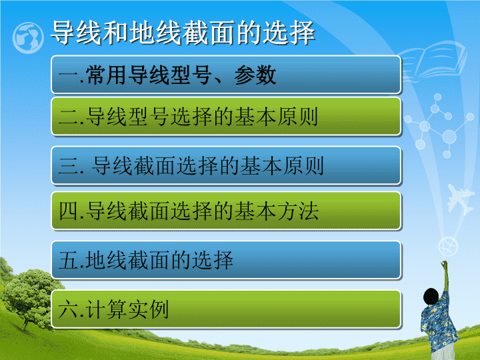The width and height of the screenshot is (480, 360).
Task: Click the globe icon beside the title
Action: coord(28,38)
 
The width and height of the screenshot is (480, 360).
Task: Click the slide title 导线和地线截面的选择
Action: coord(183,33)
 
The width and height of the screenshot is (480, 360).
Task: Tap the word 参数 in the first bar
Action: coord(255,75)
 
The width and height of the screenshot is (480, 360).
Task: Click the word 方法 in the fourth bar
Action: coord(298,211)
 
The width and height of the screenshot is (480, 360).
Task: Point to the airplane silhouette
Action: coord(460,199)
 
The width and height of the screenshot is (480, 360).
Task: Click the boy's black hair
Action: coord(431,296)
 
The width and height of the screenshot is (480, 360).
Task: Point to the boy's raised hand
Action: coord(444,264)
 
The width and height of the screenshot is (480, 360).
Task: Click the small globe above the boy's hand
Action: coord(448,247)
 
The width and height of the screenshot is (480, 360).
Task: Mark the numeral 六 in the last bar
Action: coord(67,309)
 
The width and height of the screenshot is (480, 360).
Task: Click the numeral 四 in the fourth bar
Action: coord(67,211)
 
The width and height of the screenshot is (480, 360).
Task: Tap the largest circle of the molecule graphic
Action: coord(449,137)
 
